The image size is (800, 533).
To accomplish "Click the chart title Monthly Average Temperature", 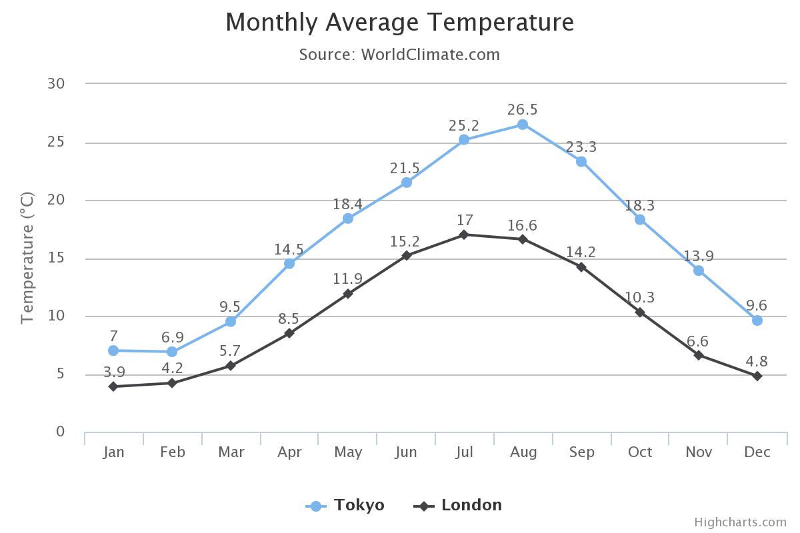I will pyautogui.click(x=399, y=23).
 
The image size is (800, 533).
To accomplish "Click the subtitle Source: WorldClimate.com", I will pyautogui.click(x=399, y=55).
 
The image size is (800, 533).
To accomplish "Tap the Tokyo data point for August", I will pyautogui.click(x=523, y=125).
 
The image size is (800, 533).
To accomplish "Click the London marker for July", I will pyautogui.click(x=465, y=235).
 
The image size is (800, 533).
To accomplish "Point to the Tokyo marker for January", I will pyautogui.click(x=113, y=350).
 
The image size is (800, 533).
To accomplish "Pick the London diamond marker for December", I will pyautogui.click(x=757, y=376).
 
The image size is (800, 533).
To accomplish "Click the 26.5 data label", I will pyautogui.click(x=523, y=110).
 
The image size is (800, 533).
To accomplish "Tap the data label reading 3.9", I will pyautogui.click(x=113, y=372).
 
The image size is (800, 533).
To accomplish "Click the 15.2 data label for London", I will pyautogui.click(x=406, y=241).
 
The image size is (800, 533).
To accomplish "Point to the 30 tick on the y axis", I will pyautogui.click(x=56, y=83).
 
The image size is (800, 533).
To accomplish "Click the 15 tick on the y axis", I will pyautogui.click(x=56, y=258).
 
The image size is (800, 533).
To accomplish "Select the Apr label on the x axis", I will pyautogui.click(x=289, y=452).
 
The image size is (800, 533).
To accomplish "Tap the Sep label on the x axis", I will pyautogui.click(x=581, y=452).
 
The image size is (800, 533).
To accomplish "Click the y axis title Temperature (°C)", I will pyautogui.click(x=27, y=258).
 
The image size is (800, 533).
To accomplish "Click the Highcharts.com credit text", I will pyautogui.click(x=740, y=522).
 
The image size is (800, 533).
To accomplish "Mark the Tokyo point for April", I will pyautogui.click(x=289, y=264).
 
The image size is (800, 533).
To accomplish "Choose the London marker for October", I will pyautogui.click(x=640, y=312).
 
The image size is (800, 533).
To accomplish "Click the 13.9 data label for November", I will pyautogui.click(x=699, y=257).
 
